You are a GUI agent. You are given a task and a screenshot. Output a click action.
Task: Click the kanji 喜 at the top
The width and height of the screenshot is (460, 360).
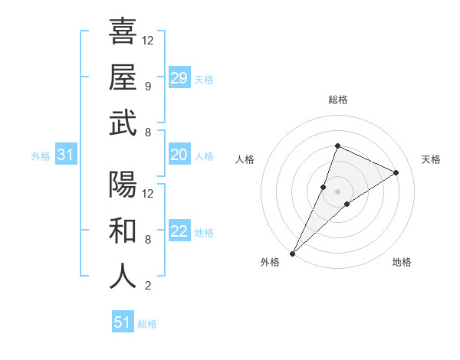coord(123,31)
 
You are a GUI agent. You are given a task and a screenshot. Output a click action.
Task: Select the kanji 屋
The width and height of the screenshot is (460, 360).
coord(123,78)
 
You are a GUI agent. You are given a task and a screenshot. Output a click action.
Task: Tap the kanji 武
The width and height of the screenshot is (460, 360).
coord(123,124)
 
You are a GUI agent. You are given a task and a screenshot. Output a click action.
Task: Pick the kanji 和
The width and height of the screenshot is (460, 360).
coord(123,231)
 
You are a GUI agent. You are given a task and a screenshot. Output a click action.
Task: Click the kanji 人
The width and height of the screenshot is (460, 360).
coord(123,277)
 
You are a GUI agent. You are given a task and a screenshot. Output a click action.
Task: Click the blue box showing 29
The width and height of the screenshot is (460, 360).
coord(179,78)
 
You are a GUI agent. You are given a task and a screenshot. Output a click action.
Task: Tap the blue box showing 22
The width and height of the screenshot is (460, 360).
coord(179,231)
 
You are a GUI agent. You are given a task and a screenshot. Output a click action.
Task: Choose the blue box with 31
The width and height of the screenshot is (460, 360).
coord(66,155)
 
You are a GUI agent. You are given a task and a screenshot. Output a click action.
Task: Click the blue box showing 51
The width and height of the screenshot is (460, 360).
coord(123,322)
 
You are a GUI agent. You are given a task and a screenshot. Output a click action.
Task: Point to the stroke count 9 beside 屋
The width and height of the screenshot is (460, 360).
coord(147,87)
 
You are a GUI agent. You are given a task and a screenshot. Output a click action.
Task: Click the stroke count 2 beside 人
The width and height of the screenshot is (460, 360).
coord(147,286)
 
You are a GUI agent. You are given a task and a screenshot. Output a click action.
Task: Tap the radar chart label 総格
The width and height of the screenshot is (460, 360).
coord(337,100)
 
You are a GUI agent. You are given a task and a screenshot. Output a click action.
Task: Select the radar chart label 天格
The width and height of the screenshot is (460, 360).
coord(431,159)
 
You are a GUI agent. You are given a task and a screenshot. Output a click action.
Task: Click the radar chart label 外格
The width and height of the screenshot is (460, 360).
coord(270,262)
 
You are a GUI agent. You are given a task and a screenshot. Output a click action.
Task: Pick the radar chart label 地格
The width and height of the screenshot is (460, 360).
coord(402,262)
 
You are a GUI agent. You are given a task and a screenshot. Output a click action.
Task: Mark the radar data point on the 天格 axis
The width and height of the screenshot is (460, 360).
coord(396,172)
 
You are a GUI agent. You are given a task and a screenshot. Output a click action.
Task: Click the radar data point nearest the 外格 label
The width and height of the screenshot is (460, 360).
coord(292,253)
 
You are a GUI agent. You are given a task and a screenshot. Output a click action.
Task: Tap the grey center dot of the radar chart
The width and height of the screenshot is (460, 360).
coord(337,191)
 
